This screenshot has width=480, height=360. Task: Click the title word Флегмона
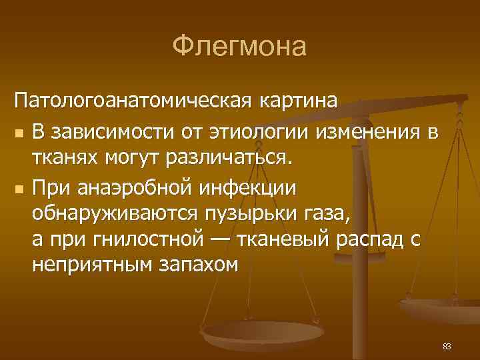point(239,47)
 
